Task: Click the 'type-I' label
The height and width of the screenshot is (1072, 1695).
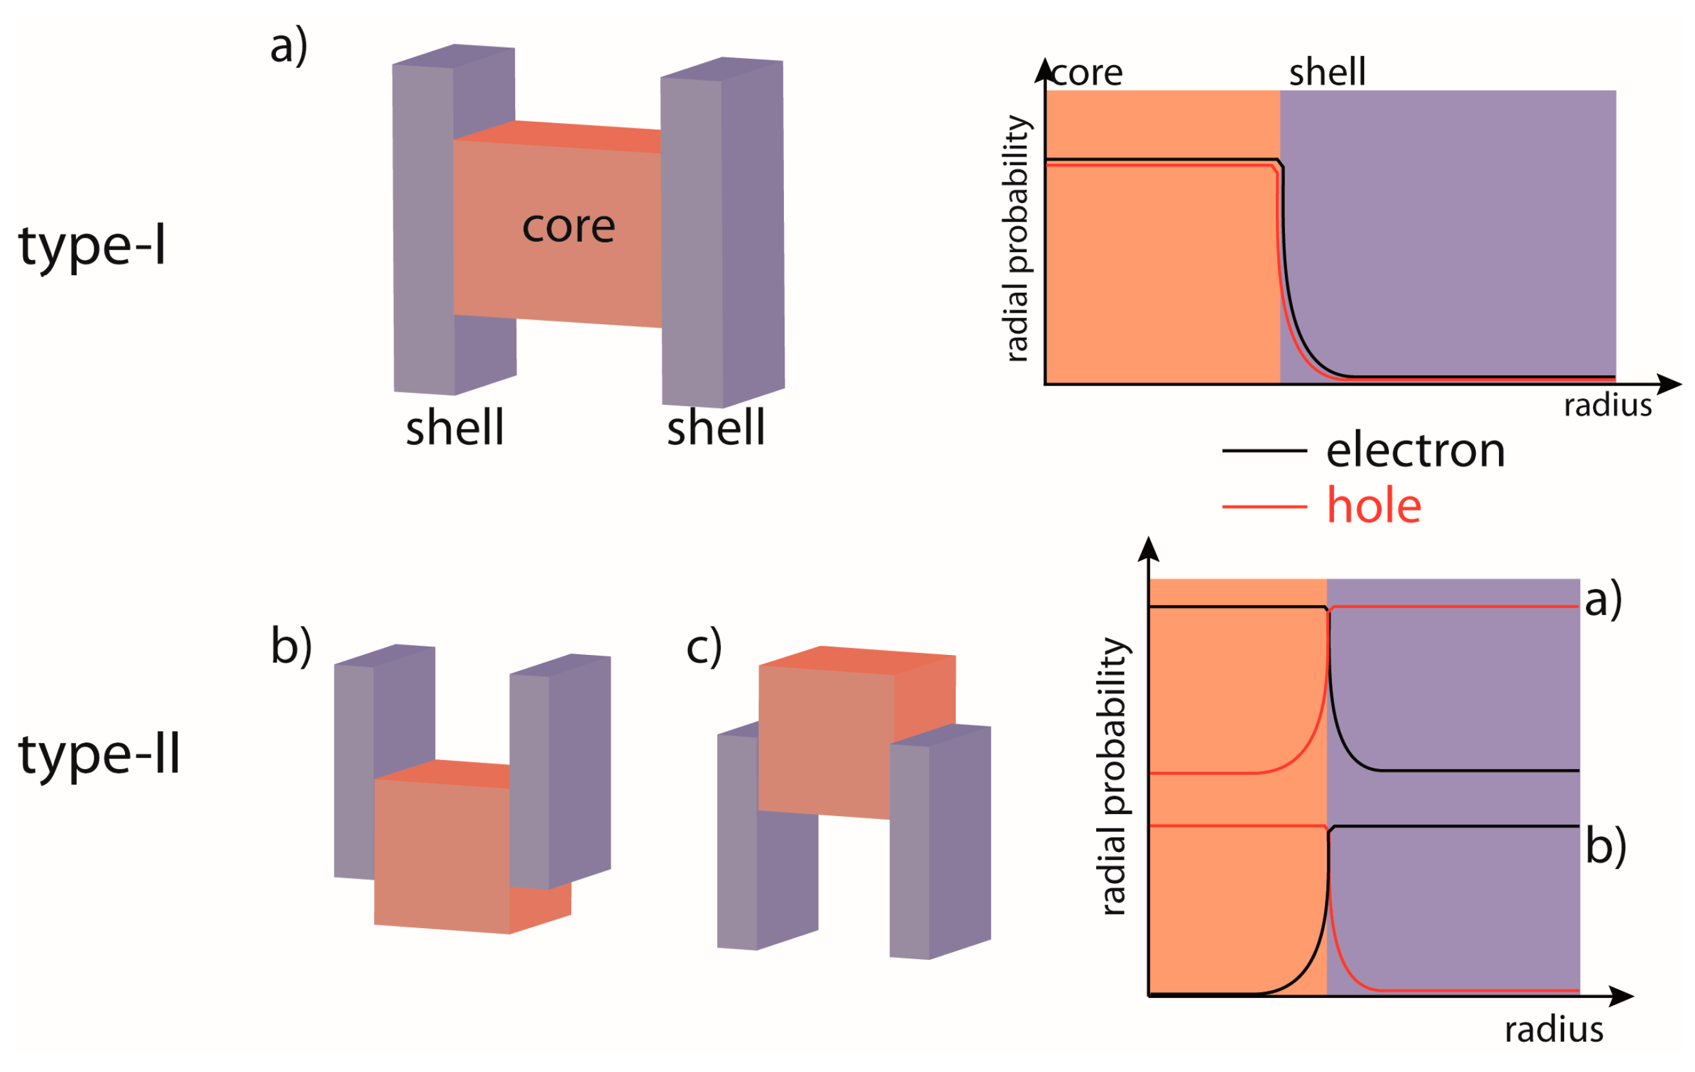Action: click(x=92, y=247)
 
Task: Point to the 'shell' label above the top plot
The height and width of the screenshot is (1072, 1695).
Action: click(x=1327, y=72)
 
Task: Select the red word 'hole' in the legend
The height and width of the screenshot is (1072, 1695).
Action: click(x=1373, y=505)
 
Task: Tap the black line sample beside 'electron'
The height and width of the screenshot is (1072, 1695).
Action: click(x=1264, y=451)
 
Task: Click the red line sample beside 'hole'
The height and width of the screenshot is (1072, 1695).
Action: click(x=1264, y=506)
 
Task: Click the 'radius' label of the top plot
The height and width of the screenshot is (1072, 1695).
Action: click(x=1607, y=406)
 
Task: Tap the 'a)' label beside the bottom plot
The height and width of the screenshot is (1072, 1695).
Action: click(x=1603, y=599)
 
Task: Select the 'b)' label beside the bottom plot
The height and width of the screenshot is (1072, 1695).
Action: click(x=1605, y=845)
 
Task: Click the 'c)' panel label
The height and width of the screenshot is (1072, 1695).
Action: click(x=703, y=646)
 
